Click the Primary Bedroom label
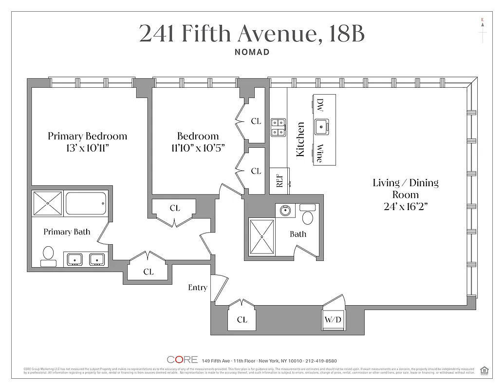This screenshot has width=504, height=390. click(87, 136)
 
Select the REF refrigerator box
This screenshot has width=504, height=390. click(280, 181)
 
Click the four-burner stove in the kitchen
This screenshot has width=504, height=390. click(278, 126)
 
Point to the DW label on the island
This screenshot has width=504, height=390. click(320, 105)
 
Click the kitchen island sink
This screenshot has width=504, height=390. click(321, 127)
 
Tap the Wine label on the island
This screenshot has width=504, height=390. click(319, 153)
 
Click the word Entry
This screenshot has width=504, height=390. click(198, 288)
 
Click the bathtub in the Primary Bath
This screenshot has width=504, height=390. click(86, 203)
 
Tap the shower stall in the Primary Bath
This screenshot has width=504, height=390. click(47, 203)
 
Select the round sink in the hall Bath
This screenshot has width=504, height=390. click(284, 211)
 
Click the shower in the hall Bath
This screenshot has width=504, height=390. click(262, 236)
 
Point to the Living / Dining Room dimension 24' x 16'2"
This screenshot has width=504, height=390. click(406, 206)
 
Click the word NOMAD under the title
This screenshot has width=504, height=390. click(252, 52)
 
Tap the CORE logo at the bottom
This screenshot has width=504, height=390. click(182, 360)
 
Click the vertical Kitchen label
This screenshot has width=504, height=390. click(300, 139)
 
